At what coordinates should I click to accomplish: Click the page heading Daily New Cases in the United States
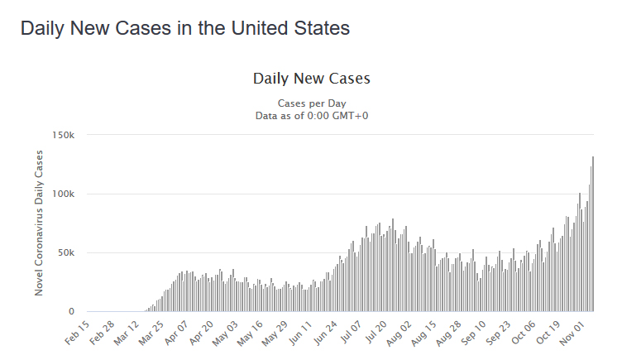(185, 27)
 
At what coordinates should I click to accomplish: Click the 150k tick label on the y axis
(64, 135)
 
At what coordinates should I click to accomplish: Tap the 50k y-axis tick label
(66, 253)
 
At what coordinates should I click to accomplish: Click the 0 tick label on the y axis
(72, 312)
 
